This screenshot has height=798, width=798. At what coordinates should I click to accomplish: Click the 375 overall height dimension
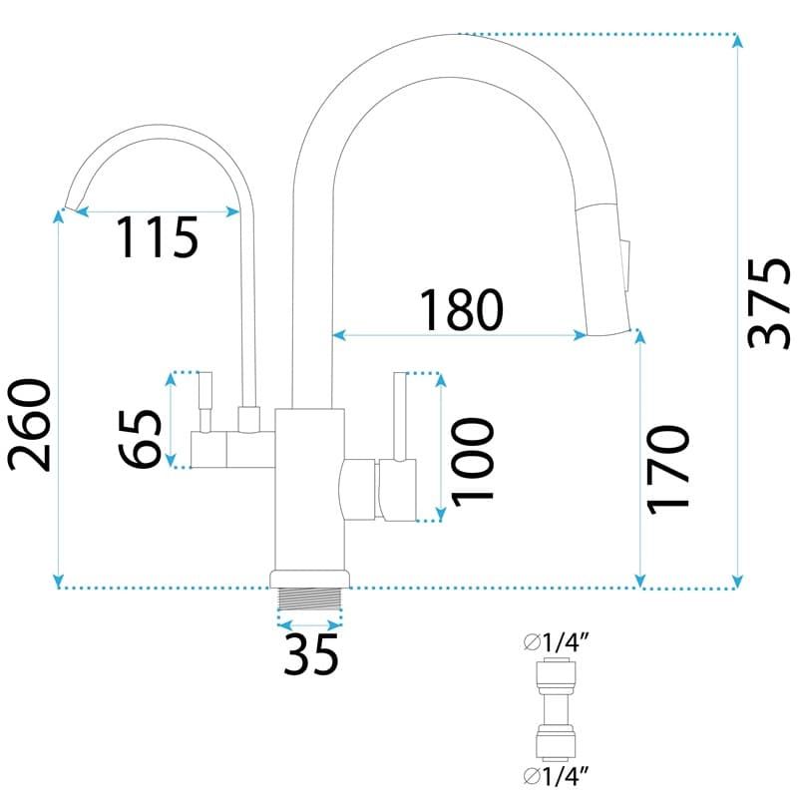click(768, 304)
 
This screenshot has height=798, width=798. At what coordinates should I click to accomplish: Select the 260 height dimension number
click(30, 425)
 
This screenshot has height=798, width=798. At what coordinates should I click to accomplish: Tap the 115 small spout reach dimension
click(158, 237)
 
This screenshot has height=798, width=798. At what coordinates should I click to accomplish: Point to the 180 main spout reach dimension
click(461, 309)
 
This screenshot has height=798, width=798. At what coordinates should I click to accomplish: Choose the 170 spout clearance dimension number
click(667, 470)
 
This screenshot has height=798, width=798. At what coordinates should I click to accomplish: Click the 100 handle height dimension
click(472, 463)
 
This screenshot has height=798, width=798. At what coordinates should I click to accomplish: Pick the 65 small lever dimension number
click(140, 438)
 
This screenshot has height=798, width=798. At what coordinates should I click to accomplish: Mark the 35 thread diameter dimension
click(310, 654)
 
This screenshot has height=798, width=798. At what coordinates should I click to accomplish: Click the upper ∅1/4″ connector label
click(557, 643)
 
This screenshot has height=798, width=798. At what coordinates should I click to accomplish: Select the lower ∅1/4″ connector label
click(557, 776)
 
